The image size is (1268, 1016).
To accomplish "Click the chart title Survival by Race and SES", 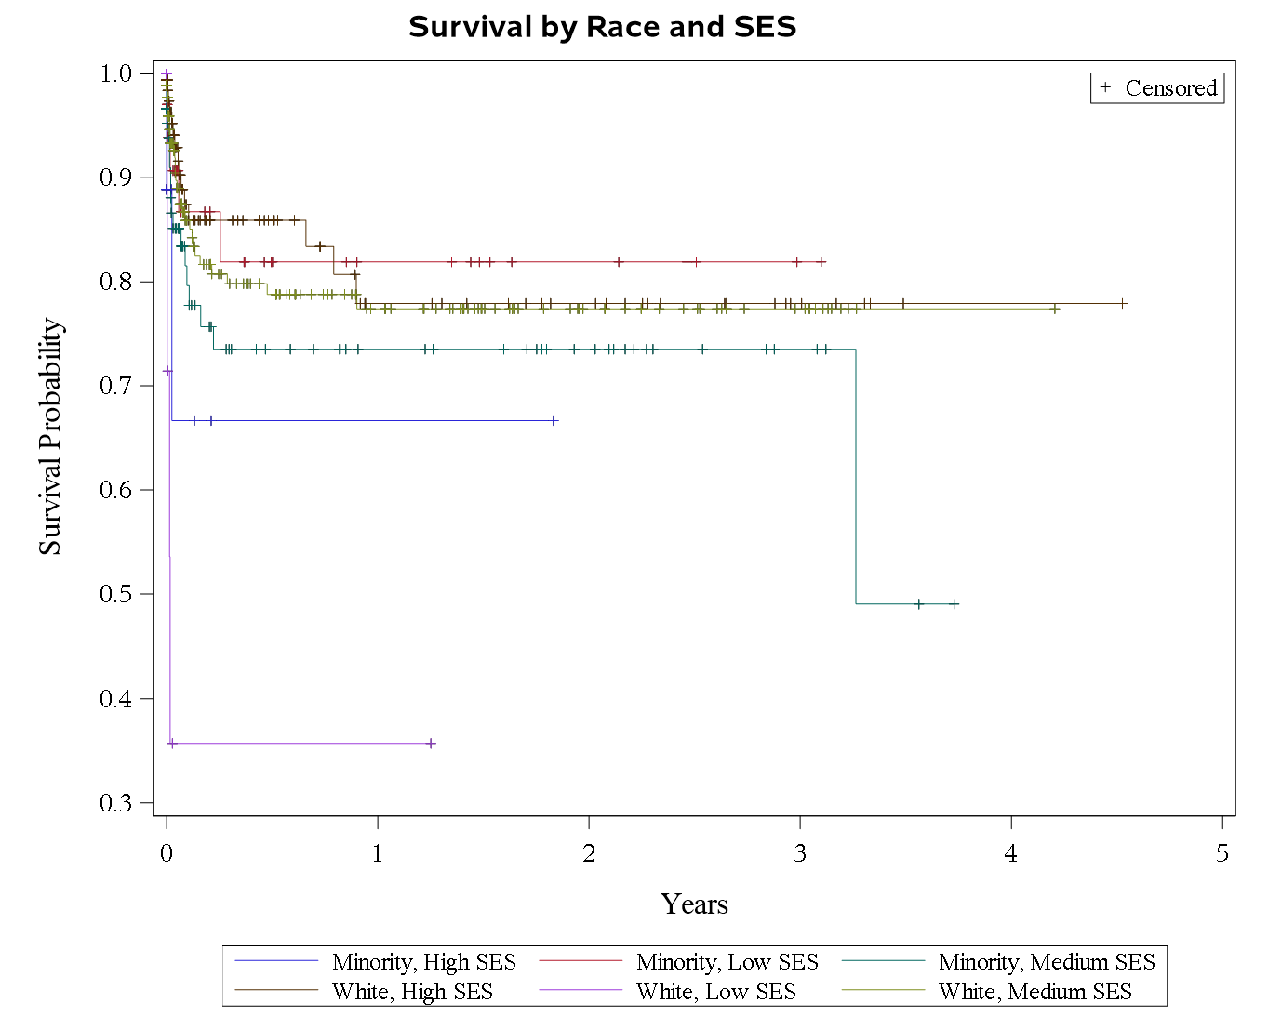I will coord(602,27).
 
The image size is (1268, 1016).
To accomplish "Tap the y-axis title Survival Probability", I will coord(49,437).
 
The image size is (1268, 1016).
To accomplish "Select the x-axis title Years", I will coord(694,904).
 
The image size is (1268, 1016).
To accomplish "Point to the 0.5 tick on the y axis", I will coord(117,594).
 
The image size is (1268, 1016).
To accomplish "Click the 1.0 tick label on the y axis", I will coord(117,73).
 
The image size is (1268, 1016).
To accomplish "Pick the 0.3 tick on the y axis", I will coord(117,803).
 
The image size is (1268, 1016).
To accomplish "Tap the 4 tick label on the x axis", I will coord(1011,853).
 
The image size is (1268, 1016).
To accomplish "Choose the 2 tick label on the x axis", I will coord(589,853).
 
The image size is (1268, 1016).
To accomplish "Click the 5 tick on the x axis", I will coord(1222,853).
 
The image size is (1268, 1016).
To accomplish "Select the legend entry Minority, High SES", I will coord(423,962).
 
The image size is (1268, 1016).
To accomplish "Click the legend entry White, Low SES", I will coord(715,992).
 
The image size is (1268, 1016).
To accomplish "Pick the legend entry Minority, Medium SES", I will coord(1046,962).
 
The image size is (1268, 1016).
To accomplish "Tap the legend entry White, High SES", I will coord(412,992).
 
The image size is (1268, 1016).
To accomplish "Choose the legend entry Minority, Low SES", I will coord(727,962).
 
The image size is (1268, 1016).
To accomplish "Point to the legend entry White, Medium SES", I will coord(1034,992).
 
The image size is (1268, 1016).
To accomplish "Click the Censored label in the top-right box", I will coord(1170,88).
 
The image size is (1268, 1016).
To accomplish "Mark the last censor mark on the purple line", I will coord(431,744).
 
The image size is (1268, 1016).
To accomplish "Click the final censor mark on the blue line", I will coord(554,420).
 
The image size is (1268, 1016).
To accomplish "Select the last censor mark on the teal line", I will coord(954,604).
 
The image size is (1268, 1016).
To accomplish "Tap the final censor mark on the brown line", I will coord(1123,303).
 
